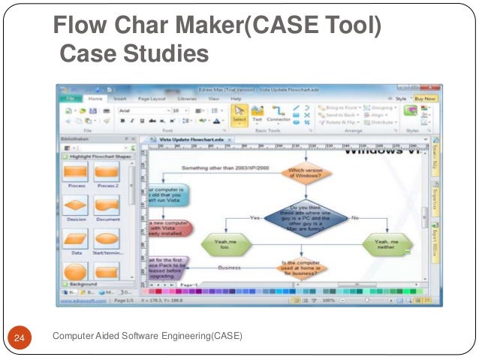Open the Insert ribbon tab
pyautogui.click(x=120, y=98)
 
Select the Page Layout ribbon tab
pyautogui.click(x=152, y=98)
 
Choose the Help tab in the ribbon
pyautogui.click(x=236, y=98)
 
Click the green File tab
pyautogui.click(x=72, y=98)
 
